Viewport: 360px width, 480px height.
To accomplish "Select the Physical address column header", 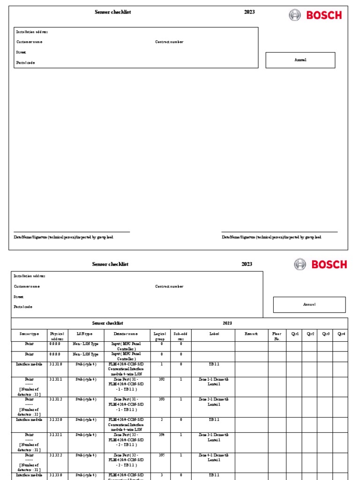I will [57, 336].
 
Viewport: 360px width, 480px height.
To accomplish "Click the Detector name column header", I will [126, 334].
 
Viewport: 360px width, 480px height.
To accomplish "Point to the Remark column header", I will [251, 334].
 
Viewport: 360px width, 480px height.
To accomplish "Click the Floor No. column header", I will [277, 336].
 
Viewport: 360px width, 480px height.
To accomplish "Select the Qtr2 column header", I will [310, 334].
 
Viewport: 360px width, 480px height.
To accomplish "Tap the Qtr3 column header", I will [325, 334].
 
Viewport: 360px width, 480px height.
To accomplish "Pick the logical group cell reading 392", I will [161, 379].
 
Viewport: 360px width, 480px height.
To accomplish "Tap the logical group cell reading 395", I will [161, 455].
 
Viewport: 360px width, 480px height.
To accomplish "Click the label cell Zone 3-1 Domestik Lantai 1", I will [214, 437].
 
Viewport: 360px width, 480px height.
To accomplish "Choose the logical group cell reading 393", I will [161, 399].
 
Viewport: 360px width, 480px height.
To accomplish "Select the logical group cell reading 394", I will [161, 435].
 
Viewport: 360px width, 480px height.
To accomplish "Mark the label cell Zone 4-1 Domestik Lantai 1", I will [214, 457].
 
